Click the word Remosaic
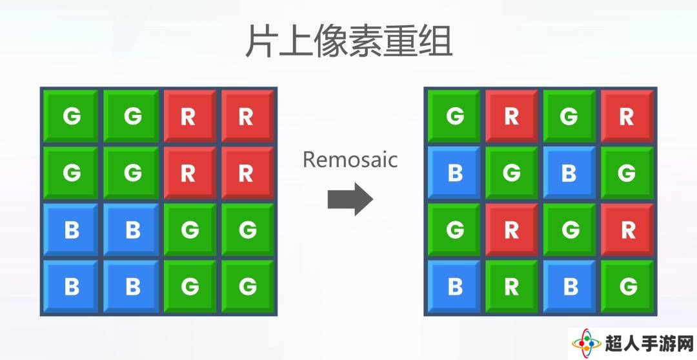tap(350, 159)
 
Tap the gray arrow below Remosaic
tap(350, 199)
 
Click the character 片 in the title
tap(259, 41)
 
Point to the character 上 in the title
tap(294, 41)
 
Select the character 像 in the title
tap(329, 41)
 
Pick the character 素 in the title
tap(365, 41)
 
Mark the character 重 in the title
tap(400, 41)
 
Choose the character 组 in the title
tap(436, 41)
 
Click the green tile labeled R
tap(511, 286)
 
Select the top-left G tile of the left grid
tap(71, 116)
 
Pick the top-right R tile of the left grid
tap(247, 116)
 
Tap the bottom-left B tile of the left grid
tap(71, 286)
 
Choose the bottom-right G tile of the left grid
tap(247, 286)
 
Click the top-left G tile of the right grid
tap(454, 116)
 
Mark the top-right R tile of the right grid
tap(627, 116)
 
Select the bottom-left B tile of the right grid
tap(454, 286)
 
